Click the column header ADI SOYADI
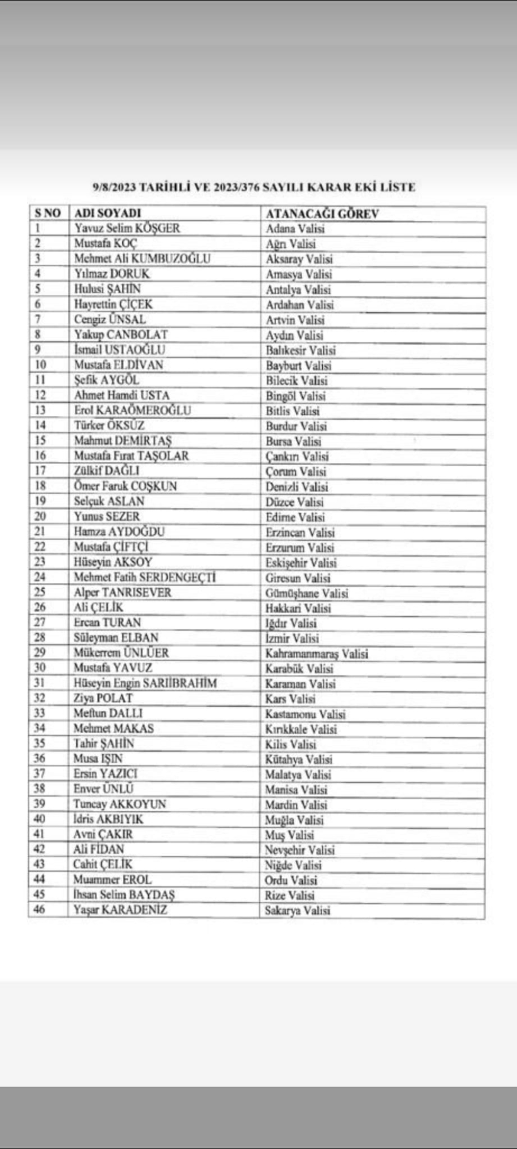pyautogui.click(x=107, y=214)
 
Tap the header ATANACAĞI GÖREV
pyautogui.click(x=322, y=214)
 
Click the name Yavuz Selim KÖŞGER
pyautogui.click(x=127, y=229)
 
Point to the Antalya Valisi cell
pyautogui.click(x=298, y=289)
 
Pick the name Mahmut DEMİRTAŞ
pyautogui.click(x=123, y=441)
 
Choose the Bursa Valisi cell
pyautogui.click(x=294, y=442)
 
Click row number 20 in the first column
pyautogui.click(x=40, y=517)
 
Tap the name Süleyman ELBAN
pyautogui.click(x=115, y=638)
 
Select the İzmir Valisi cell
pyautogui.click(x=292, y=639)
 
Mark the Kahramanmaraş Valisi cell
pyautogui.click(x=317, y=653)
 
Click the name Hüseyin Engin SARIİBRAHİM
pyautogui.click(x=145, y=683)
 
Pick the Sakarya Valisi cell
pyautogui.click(x=298, y=911)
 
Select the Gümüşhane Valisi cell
pyautogui.click(x=307, y=593)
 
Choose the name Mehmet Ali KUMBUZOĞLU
pyautogui.click(x=142, y=259)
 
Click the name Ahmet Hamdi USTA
pyautogui.click(x=122, y=396)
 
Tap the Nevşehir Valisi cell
pyautogui.click(x=299, y=850)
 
